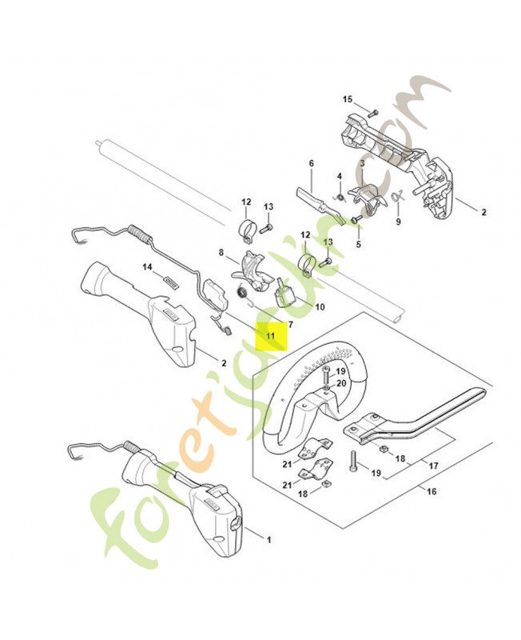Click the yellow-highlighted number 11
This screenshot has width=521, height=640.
coord(270,336)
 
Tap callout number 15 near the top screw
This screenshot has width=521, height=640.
coord(348,99)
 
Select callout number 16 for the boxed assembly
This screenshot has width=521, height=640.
coord(432,491)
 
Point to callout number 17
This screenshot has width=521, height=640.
coord(433,466)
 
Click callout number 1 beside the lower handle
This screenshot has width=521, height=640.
coord(268,540)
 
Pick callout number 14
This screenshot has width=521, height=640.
coord(147,266)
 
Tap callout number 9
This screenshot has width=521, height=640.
coord(398,222)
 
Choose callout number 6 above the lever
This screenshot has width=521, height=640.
coord(312,163)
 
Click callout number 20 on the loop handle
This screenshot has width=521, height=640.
coord(341,383)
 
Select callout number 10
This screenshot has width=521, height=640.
coord(320,306)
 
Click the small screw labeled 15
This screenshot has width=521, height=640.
coord(373,113)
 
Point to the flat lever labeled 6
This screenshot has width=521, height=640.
coord(320,203)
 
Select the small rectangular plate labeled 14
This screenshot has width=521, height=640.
coord(170,282)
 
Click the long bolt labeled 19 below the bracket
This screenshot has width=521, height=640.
coord(353,461)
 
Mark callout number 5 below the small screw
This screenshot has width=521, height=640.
coord(358,245)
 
